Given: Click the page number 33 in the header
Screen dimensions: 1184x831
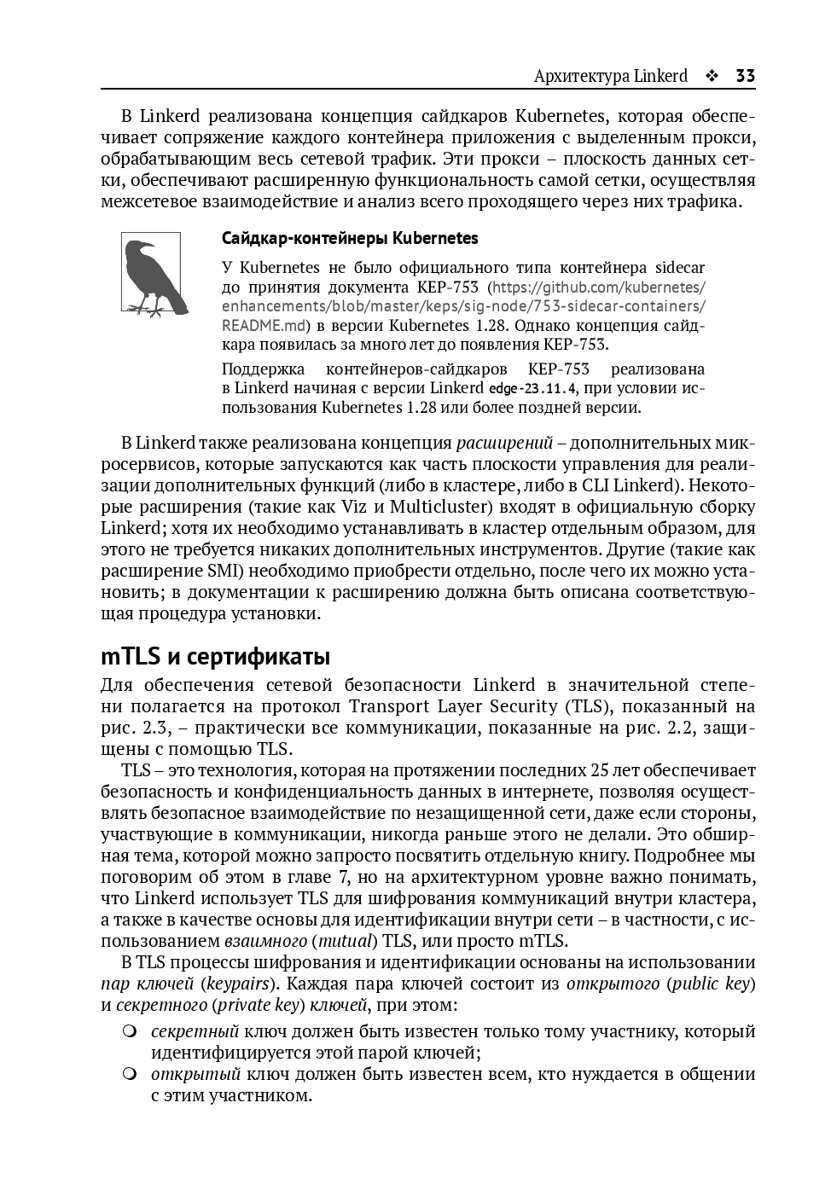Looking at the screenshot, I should (745, 76).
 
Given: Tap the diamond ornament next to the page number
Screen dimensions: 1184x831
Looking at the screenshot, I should (711, 76).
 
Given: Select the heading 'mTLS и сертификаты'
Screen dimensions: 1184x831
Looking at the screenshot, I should (215, 657).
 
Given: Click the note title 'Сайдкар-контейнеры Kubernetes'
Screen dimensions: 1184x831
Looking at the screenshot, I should (350, 238).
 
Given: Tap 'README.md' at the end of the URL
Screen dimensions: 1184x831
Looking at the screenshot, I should (264, 325).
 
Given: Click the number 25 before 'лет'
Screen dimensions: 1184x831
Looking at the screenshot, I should (600, 770).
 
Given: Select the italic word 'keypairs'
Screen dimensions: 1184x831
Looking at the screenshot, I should (235, 984).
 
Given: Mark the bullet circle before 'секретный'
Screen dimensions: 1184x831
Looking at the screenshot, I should (130, 1031).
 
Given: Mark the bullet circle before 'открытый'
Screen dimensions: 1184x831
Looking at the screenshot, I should (130, 1074).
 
